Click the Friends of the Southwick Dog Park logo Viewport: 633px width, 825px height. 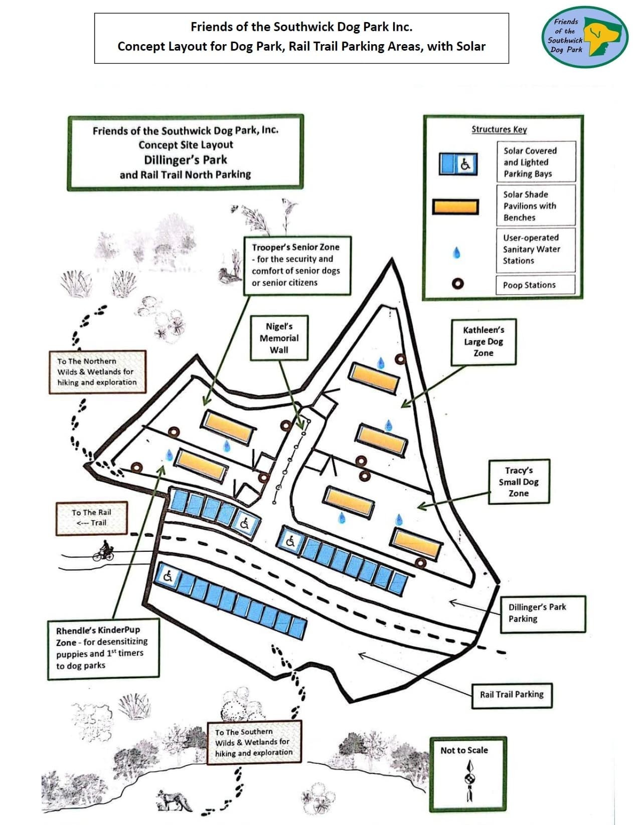click(x=584, y=37)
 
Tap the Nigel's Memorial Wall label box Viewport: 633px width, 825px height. click(x=279, y=338)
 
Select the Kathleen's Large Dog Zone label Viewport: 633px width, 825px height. click(x=483, y=341)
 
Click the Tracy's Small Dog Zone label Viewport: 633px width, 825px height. click(x=519, y=482)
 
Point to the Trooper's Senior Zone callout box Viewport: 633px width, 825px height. click(x=296, y=265)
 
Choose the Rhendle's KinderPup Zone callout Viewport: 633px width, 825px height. click(x=103, y=648)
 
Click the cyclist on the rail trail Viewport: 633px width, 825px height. click(x=104, y=551)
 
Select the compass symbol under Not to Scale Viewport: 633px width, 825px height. click(x=470, y=781)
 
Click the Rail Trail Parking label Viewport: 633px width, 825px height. click(x=511, y=695)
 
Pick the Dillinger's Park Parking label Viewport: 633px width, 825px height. click(x=542, y=612)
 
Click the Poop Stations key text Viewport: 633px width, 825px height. click(x=529, y=285)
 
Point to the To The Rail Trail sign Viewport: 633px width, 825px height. click(x=91, y=518)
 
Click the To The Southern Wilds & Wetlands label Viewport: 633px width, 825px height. click(x=254, y=742)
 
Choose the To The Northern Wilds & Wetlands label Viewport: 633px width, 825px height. click(x=97, y=371)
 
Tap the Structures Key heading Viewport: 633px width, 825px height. click(x=499, y=129)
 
